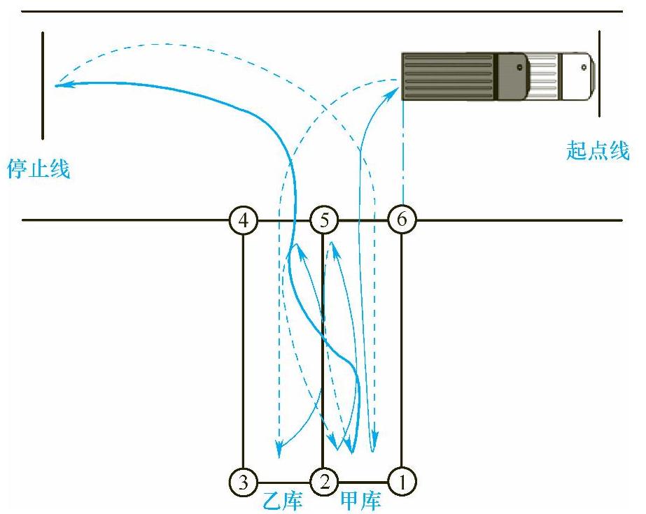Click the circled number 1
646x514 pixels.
(x=402, y=480)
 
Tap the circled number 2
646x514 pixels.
(x=323, y=480)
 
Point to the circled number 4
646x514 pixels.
(x=243, y=220)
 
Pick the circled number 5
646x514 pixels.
(x=323, y=220)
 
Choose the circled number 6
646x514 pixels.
(x=402, y=220)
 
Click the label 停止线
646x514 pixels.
(x=39, y=169)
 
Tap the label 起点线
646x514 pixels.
(x=598, y=150)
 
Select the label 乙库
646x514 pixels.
(x=283, y=501)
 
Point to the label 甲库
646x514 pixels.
(x=361, y=501)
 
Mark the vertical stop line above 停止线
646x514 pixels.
(x=43, y=84)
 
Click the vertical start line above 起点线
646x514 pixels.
(x=600, y=73)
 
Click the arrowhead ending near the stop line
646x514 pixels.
(x=60, y=85)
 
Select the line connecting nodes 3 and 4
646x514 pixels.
(x=243, y=350)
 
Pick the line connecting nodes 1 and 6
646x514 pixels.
(x=402, y=350)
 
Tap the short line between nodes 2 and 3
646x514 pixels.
(x=283, y=481)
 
